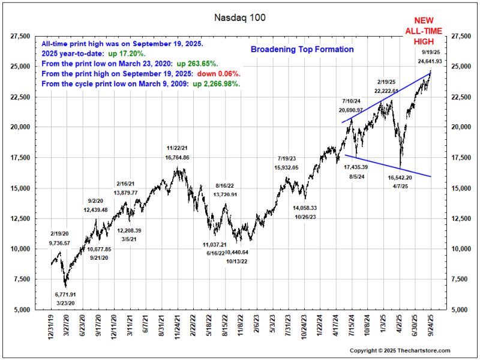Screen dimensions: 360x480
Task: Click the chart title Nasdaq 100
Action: click(240, 17)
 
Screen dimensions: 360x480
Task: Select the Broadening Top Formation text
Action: click(302, 49)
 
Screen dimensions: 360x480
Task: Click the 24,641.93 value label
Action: click(427, 61)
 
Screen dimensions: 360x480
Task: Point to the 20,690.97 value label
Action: click(351, 110)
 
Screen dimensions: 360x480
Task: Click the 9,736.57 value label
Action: click(60, 243)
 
